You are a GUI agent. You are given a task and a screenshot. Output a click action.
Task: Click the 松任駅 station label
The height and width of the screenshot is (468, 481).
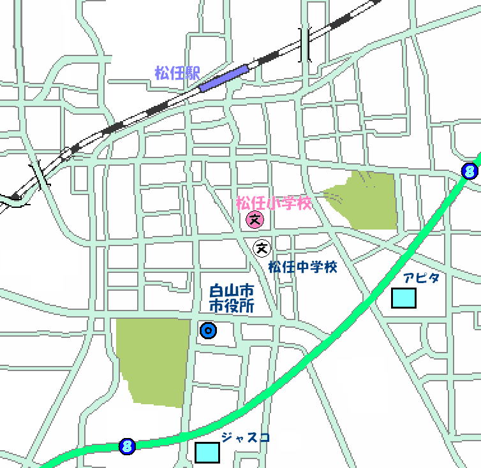pos(177,73)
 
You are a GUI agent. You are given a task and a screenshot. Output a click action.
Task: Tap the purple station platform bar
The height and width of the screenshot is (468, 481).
pos(223,78)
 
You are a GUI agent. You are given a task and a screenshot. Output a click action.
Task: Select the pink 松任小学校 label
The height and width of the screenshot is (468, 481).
pos(274,204)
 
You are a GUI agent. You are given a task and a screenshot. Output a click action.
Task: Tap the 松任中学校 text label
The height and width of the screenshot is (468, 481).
pos(302,267)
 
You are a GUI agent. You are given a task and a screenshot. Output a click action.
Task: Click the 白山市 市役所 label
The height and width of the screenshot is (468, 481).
pos(232,298)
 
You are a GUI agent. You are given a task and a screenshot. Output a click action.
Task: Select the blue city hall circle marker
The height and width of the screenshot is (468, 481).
pos(208,331)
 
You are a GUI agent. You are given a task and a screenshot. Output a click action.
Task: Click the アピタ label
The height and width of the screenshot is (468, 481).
pos(421,278)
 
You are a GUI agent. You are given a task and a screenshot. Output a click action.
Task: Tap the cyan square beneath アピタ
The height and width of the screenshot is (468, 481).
pos(403,298)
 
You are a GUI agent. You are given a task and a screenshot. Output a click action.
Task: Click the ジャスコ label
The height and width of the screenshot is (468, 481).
pos(246,437)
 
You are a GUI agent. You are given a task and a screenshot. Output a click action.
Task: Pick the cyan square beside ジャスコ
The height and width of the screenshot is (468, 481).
pos(207,452)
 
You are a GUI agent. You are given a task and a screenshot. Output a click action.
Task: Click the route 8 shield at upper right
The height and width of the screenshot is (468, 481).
pos(470,171)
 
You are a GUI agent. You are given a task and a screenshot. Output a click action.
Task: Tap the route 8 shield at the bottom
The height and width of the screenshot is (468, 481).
pos(127,446)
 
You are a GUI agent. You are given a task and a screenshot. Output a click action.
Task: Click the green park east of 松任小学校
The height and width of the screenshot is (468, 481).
pos(364,200)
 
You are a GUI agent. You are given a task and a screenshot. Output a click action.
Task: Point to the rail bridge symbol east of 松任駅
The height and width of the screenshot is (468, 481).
pos(306,45)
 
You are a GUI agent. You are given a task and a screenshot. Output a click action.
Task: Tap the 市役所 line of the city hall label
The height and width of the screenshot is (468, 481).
pos(232,306)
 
